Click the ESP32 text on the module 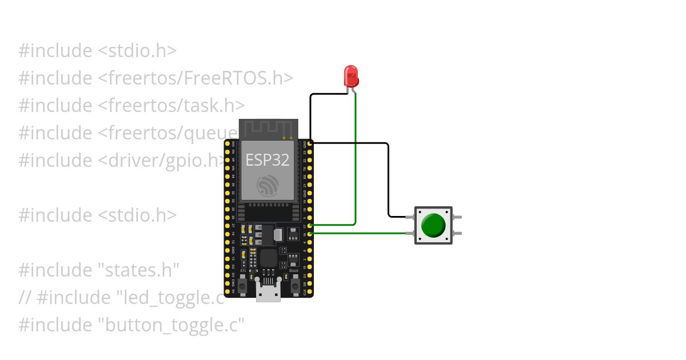[x=267, y=159]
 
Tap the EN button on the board [x=242, y=283]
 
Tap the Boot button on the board [x=296, y=283]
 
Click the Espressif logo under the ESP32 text [x=268, y=186]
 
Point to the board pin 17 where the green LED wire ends [x=310, y=226]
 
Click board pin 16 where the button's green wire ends [x=310, y=233]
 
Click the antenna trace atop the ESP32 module [x=268, y=129]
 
